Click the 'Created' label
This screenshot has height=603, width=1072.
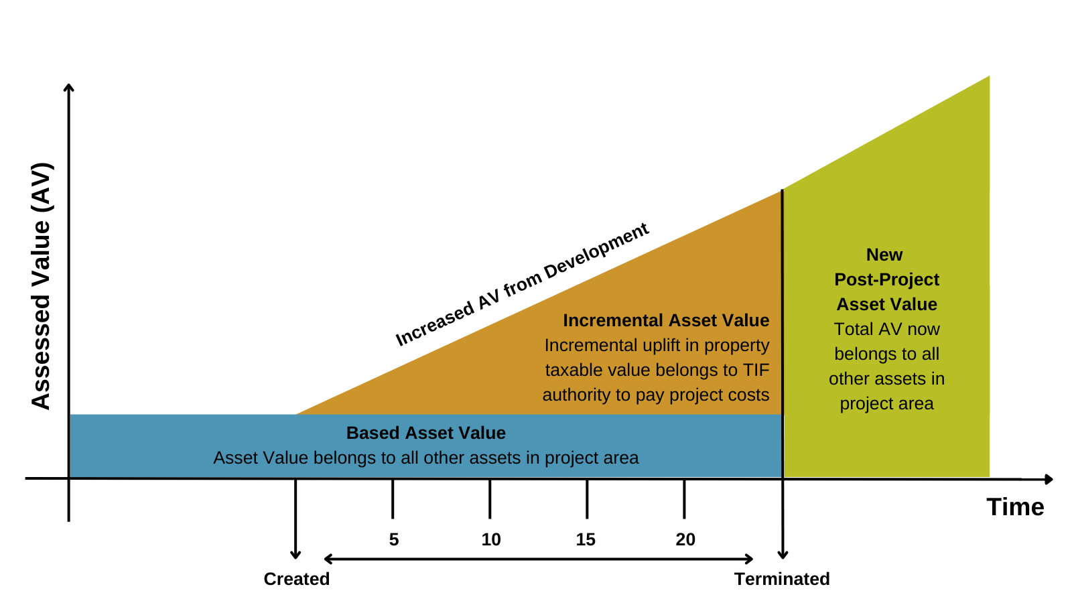pyautogui.click(x=296, y=579)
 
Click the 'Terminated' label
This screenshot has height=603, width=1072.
pyautogui.click(x=782, y=579)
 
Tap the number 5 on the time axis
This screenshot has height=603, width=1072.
pyautogui.click(x=393, y=539)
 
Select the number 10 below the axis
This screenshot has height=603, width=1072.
pyautogui.click(x=490, y=539)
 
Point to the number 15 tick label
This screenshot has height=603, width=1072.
pyautogui.click(x=586, y=539)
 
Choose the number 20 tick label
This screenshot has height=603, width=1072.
pyautogui.click(x=685, y=539)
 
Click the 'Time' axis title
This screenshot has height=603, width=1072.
pyautogui.click(x=1015, y=507)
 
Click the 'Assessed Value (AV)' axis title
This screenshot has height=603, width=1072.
pyautogui.click(x=42, y=285)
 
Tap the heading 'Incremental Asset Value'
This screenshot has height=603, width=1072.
pyautogui.click(x=666, y=320)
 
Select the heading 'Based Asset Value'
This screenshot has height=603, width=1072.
pyautogui.click(x=425, y=433)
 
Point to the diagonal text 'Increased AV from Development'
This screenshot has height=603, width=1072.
pyautogui.click(x=522, y=285)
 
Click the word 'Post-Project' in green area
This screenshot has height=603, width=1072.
pyautogui.click(x=886, y=279)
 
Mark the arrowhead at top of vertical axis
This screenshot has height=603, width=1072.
pyautogui.click(x=68, y=87)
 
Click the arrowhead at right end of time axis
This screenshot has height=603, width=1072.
pyautogui.click(x=1049, y=479)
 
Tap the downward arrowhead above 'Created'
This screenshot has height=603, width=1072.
pyautogui.click(x=295, y=555)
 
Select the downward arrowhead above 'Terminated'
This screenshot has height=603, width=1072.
pyautogui.click(x=782, y=555)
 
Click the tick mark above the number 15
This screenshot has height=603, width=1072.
pyautogui.click(x=587, y=499)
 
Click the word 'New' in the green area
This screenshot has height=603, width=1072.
pyautogui.click(x=884, y=255)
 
